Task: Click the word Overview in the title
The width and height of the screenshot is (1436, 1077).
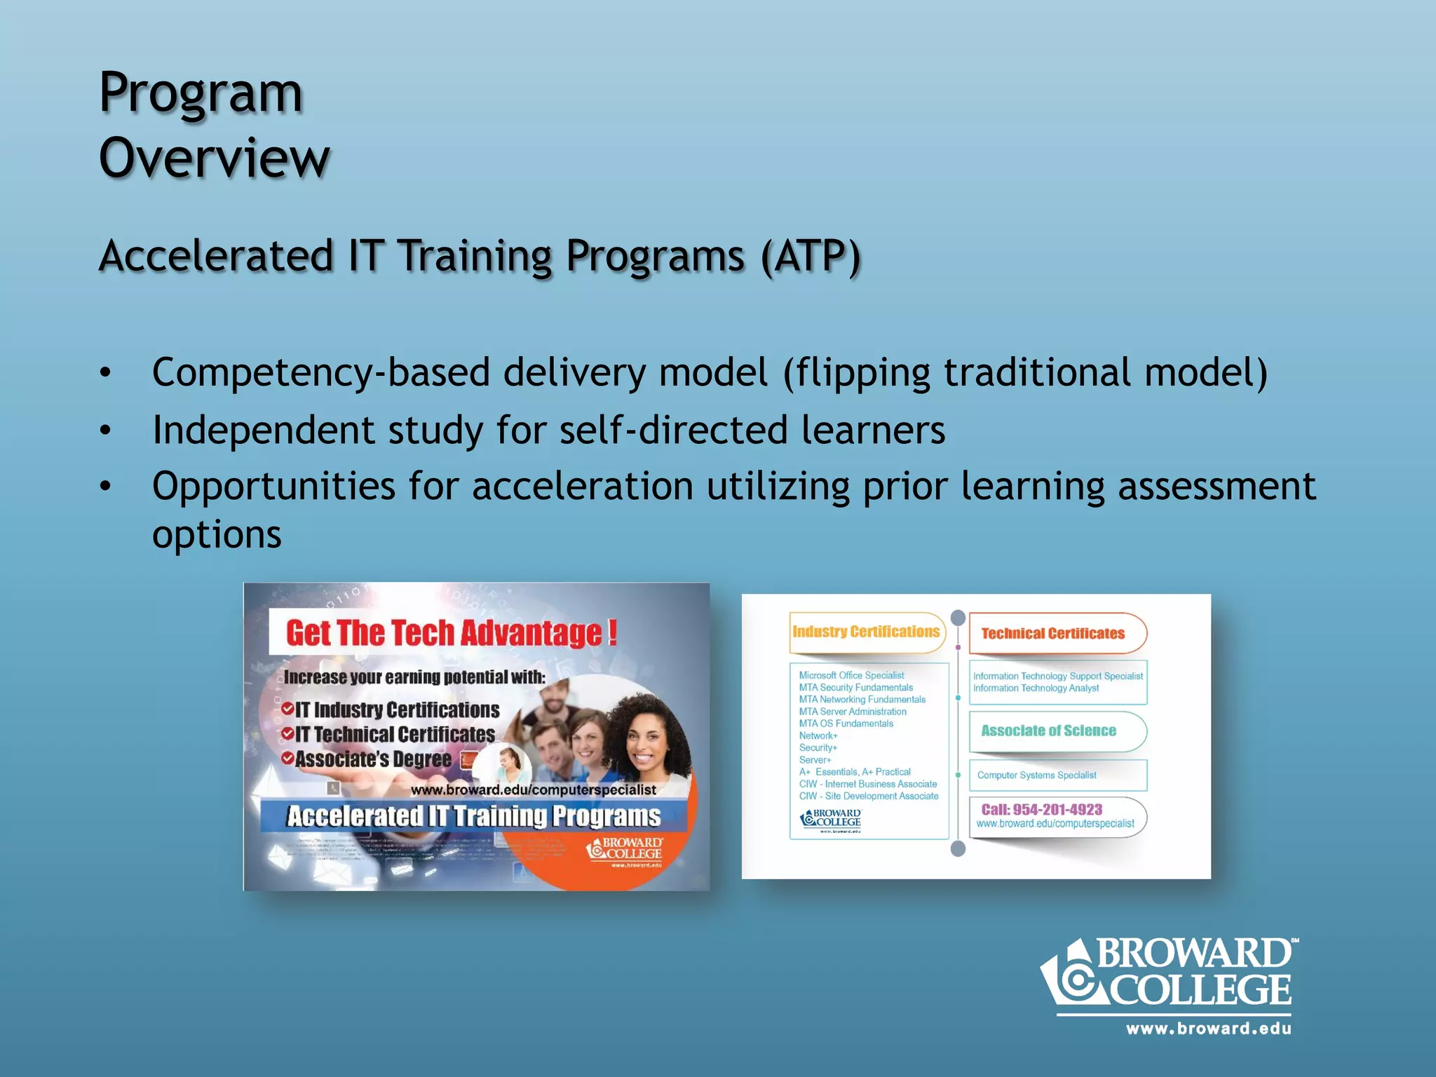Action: pos(214,158)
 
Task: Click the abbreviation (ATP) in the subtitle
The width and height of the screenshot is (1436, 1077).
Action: pos(811,256)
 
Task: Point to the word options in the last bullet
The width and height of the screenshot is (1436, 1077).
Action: pos(217,535)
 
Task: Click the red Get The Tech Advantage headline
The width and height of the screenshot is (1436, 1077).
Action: pos(451,633)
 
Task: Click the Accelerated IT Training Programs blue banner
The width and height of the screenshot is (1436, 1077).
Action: pos(473,817)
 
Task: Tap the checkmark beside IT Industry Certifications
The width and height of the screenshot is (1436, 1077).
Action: pos(287,710)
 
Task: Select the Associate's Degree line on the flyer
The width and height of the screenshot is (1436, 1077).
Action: pos(373,759)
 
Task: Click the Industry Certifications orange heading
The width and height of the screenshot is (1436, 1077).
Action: pos(866,632)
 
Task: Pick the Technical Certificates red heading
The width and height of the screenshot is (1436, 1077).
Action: pos(1052,634)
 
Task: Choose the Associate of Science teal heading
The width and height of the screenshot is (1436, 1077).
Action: pos(1048,731)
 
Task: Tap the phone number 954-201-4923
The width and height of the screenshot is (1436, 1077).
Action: pos(1057,809)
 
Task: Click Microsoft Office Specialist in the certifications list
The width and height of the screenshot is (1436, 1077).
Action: pos(851,675)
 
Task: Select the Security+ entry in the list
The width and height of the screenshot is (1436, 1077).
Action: pos(818,747)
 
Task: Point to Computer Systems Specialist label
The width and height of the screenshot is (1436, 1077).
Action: pos(1036,775)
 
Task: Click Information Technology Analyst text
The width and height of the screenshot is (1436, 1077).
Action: pos(1036,689)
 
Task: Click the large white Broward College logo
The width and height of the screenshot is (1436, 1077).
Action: pos(1168,975)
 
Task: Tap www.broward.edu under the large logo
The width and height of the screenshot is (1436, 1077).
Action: pos(1208,1029)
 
